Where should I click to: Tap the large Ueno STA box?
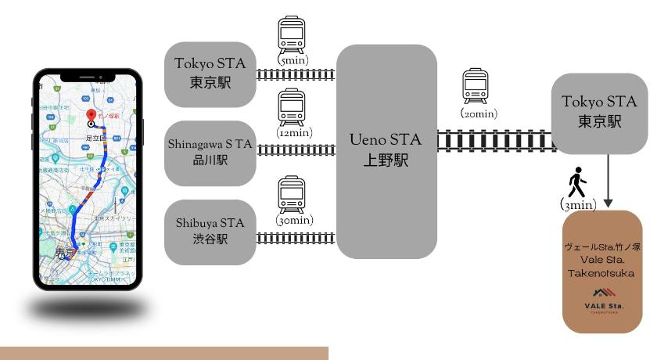386,151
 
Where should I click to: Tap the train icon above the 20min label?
475,85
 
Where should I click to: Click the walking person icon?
576,184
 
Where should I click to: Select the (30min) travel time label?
293,221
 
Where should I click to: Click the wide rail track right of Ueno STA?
494,141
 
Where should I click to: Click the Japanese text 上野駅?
386,160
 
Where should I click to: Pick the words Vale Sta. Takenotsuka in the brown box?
604,266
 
